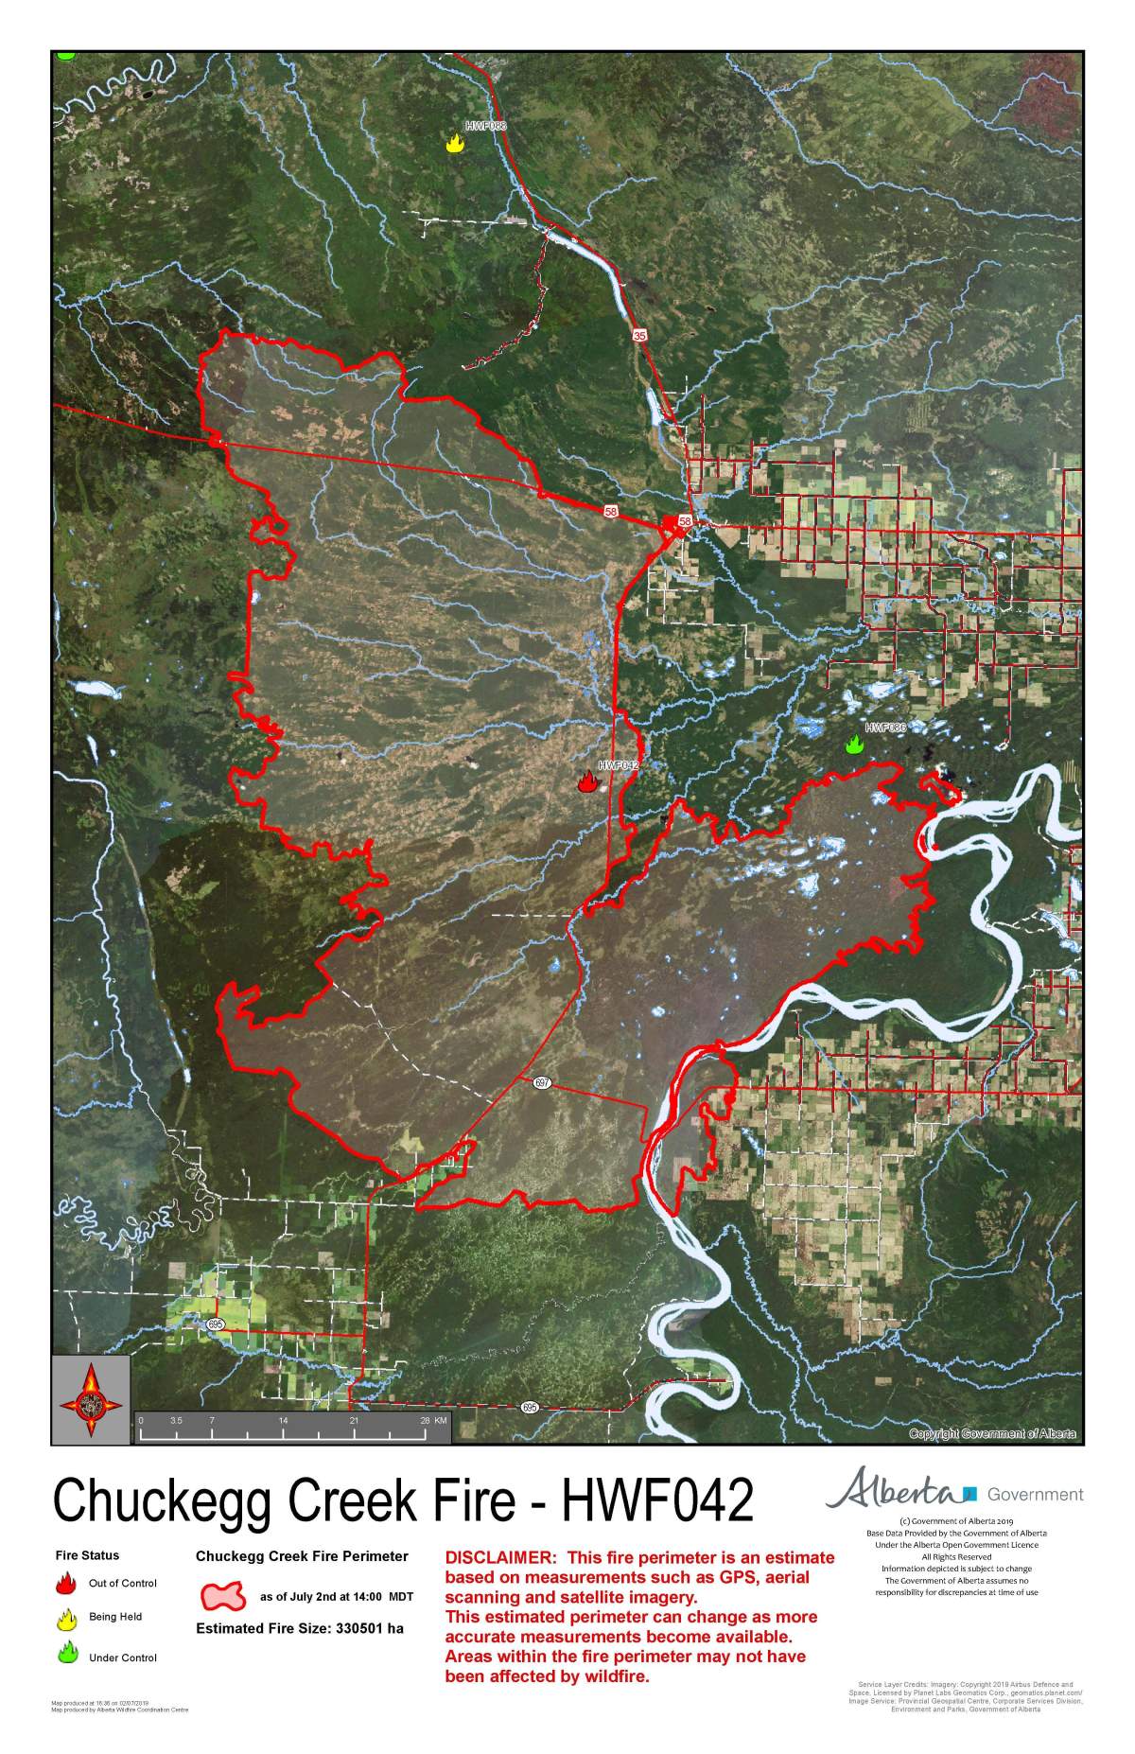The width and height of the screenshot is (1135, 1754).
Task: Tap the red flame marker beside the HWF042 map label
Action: [x=587, y=781]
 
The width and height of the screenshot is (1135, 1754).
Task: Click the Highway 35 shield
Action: [x=640, y=336]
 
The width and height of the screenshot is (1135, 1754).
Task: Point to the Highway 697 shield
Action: [x=541, y=1082]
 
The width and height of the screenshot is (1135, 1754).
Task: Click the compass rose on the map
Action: [x=91, y=1401]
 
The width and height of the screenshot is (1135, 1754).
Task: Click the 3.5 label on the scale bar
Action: [x=176, y=1421]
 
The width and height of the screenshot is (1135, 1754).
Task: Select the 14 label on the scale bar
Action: [x=283, y=1421]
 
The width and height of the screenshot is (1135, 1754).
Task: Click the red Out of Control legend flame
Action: [x=66, y=1584]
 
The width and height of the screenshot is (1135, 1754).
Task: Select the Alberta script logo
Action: [x=891, y=1492]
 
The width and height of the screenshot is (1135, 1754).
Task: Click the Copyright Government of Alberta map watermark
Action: [x=991, y=1433]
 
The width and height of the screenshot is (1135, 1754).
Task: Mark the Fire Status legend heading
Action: [x=87, y=1555]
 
